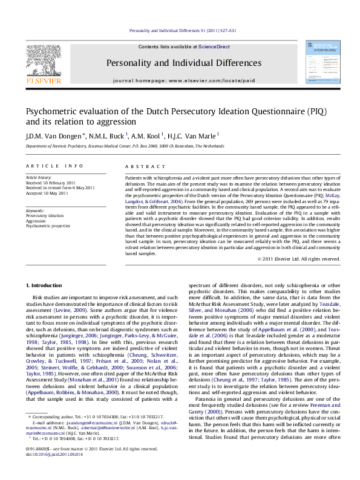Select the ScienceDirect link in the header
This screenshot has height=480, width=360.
(214, 47)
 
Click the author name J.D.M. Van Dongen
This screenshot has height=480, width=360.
(51, 135)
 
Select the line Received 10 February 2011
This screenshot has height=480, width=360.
(53, 183)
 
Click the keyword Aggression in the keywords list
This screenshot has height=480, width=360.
(37, 221)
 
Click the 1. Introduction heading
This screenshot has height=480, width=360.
(45, 285)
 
